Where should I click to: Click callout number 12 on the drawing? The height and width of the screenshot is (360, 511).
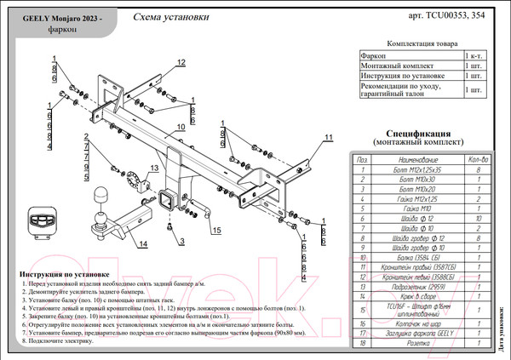point(181,61)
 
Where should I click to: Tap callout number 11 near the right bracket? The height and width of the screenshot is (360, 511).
point(328,137)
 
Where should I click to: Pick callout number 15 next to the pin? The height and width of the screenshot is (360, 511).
point(216,230)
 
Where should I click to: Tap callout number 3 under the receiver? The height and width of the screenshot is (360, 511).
point(181,242)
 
